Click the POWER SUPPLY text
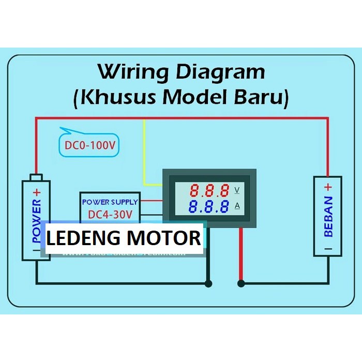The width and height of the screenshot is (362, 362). pyautogui.click(x=110, y=202)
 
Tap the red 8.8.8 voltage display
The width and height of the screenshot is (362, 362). pyautogui.click(x=209, y=190)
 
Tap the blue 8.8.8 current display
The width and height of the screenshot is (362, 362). pyautogui.click(x=209, y=207)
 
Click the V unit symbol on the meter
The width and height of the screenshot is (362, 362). pyautogui.click(x=237, y=190)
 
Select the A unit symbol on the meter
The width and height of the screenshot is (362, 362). pyautogui.click(x=237, y=206)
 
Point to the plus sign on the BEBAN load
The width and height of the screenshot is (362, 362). pyautogui.click(x=328, y=187)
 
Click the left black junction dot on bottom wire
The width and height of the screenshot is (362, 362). pyautogui.click(x=208, y=283)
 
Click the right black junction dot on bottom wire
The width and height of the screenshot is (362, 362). pyautogui.click(x=241, y=283)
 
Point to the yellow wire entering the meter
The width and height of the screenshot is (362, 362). pyautogui.click(x=153, y=184)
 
